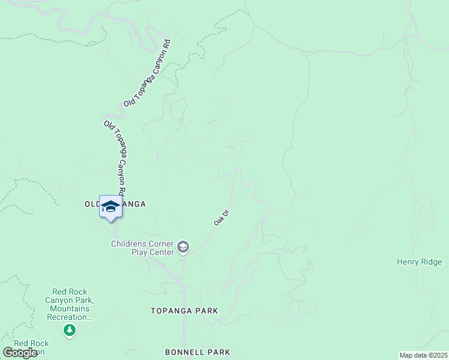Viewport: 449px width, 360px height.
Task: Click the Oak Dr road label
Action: point(222,217)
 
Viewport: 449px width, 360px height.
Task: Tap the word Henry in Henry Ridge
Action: point(408,262)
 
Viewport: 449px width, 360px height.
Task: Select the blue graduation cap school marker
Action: point(110,208)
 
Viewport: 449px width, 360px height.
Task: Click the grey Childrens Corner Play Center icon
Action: point(183,247)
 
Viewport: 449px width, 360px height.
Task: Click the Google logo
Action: point(20,353)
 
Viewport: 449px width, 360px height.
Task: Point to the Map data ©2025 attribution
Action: point(424,355)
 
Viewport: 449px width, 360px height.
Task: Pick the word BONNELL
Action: point(184,352)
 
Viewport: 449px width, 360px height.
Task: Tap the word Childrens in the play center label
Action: point(129,244)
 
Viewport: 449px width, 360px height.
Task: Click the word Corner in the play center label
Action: point(160,244)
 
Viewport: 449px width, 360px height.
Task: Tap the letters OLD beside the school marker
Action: point(92,204)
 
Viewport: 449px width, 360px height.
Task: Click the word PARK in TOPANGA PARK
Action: point(205,311)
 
